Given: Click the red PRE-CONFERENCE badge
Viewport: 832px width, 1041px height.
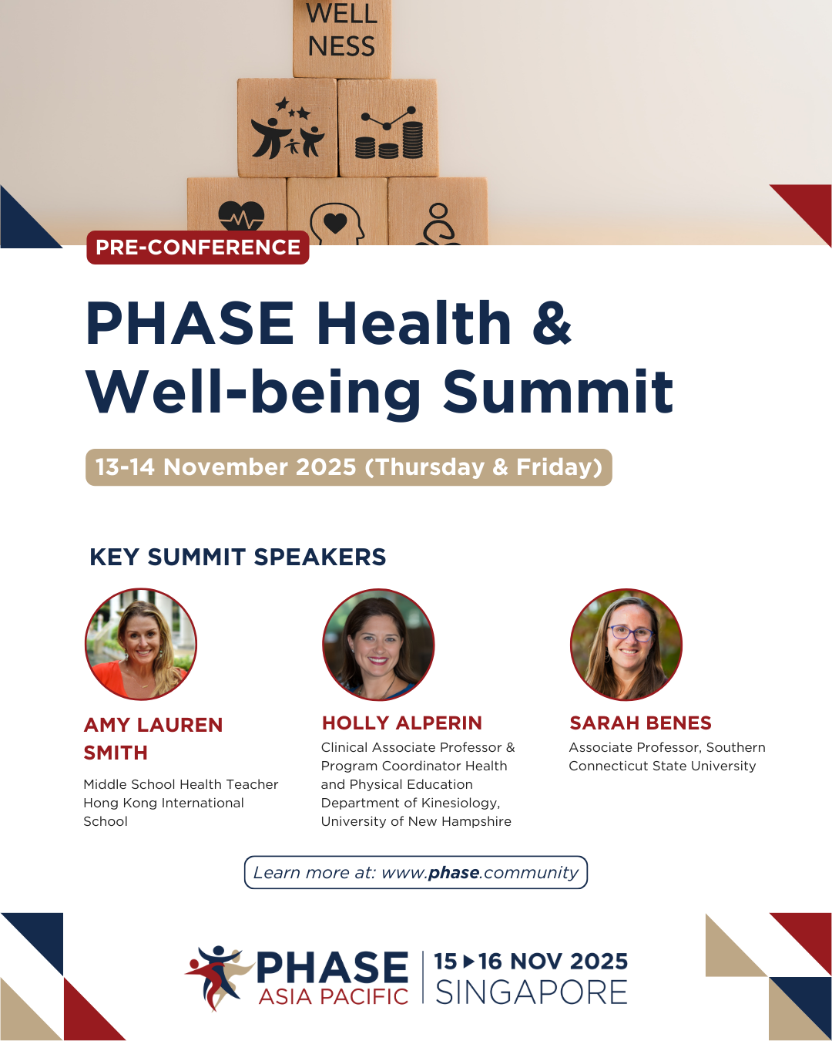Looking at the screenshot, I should click(x=198, y=248).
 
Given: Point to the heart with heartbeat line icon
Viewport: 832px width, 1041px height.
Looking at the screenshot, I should click(x=240, y=216).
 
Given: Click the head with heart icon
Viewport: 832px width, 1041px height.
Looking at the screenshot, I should click(x=336, y=223).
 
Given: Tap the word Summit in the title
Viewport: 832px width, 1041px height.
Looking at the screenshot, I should click(x=558, y=392).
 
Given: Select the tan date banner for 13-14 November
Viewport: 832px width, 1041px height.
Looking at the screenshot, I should click(x=348, y=467).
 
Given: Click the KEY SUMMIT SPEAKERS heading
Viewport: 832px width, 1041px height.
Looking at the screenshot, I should click(x=238, y=557).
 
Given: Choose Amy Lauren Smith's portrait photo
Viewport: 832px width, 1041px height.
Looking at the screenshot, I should click(x=141, y=645).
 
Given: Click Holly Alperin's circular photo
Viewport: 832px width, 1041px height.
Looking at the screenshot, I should click(x=378, y=645).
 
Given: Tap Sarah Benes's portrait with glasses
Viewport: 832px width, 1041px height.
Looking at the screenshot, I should click(x=626, y=645).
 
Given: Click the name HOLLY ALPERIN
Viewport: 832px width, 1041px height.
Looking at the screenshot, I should click(x=401, y=723).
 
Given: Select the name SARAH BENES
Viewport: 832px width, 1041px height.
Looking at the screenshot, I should click(x=640, y=723).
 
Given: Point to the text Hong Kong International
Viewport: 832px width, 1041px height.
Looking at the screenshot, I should click(x=163, y=803).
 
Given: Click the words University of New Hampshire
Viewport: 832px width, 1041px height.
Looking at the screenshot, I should click(x=416, y=821).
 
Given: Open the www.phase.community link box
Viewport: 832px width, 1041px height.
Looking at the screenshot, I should click(x=416, y=872).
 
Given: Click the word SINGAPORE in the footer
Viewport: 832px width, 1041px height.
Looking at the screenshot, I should click(x=532, y=992).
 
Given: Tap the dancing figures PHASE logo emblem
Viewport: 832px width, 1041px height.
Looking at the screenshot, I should click(x=217, y=975).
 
